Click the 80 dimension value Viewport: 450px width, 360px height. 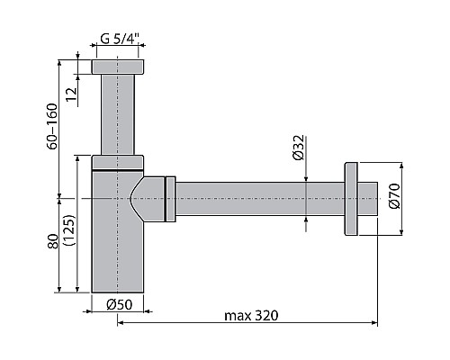point(53,240)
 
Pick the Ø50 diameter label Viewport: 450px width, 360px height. point(121,304)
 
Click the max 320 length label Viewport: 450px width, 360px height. point(252,315)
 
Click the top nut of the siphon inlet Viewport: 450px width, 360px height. point(118,67)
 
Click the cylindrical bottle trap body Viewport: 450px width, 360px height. point(118,252)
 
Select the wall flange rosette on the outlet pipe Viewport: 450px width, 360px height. point(350,199)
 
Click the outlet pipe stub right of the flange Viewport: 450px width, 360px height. point(368,199)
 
